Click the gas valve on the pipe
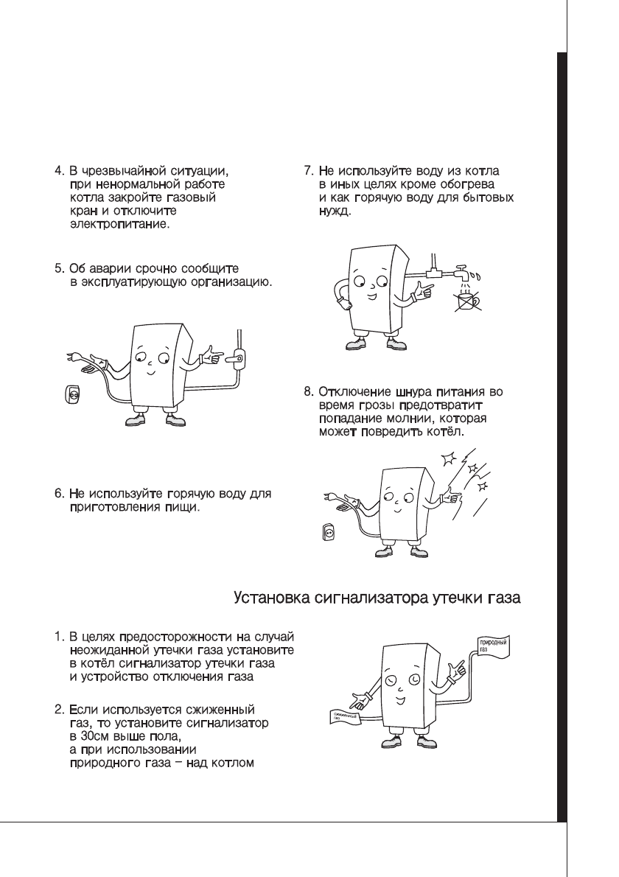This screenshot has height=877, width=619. [x=237, y=357]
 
